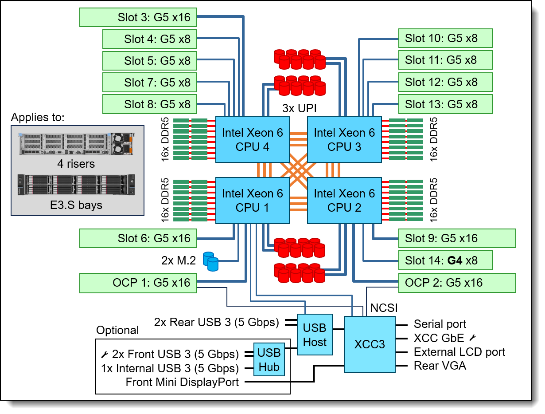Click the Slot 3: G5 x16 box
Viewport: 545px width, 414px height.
coord(138,17)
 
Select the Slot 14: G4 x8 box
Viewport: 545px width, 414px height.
coord(445,260)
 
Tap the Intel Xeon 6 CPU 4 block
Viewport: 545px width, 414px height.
coord(252,139)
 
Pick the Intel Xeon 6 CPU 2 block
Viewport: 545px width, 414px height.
coord(344,201)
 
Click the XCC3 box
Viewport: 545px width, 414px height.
coord(370,344)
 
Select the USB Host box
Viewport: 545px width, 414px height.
coord(315,335)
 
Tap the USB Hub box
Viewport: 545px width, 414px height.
coord(269,359)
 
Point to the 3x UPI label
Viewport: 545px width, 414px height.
coord(299,108)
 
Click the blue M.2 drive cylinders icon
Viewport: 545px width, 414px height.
coord(210,261)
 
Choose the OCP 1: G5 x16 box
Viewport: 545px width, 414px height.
coord(138,283)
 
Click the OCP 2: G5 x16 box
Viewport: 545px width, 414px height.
coord(457,283)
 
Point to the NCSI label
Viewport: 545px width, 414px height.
coord(384,308)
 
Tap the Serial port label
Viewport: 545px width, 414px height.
coord(440,324)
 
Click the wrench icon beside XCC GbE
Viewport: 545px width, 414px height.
coord(472,338)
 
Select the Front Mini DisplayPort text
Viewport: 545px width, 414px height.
coord(182,382)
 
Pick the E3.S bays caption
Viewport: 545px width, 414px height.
coord(76,205)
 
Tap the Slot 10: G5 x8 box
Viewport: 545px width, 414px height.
coord(445,38)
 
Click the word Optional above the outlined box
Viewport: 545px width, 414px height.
coord(117,330)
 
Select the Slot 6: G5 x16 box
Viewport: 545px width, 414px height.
coord(138,238)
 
